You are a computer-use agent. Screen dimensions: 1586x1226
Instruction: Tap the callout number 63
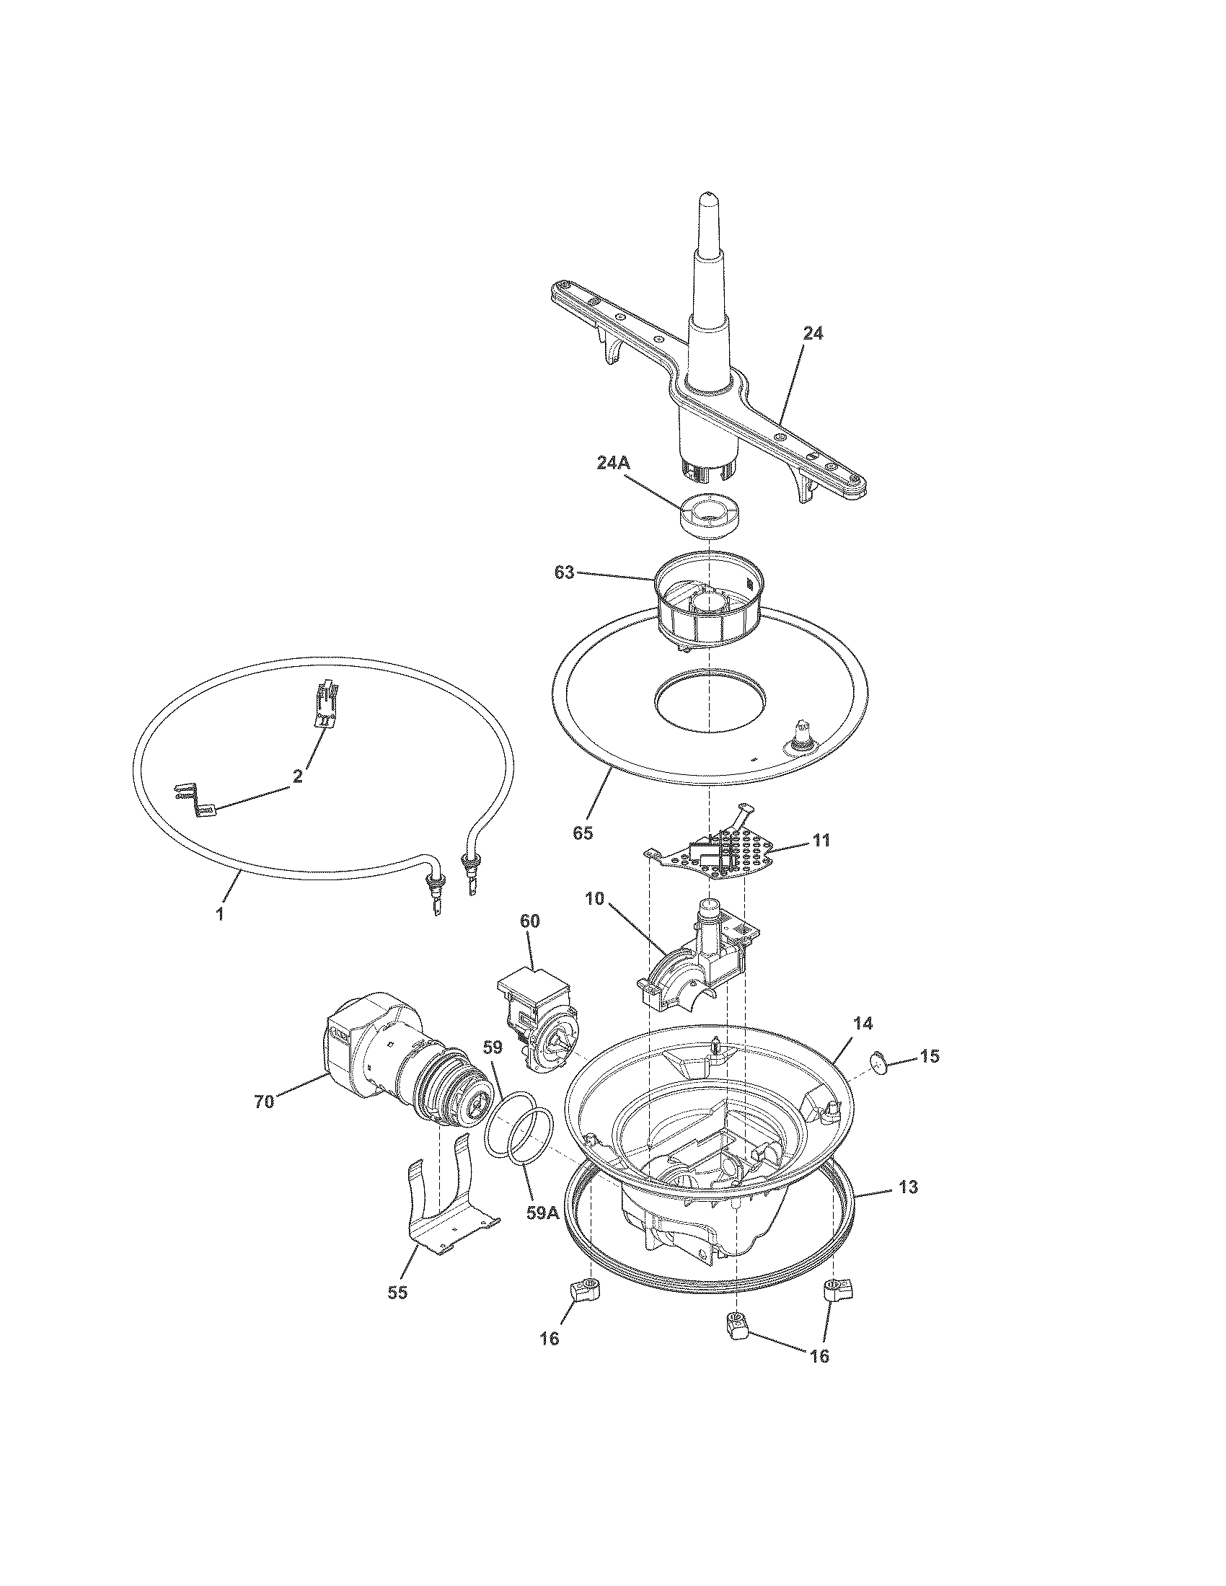pos(564,573)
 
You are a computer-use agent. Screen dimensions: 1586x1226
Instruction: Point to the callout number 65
pos(583,833)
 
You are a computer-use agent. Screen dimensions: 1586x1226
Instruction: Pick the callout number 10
pos(594,898)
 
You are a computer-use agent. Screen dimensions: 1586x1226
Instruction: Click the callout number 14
pos(863,1023)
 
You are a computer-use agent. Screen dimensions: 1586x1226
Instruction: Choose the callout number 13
pos(908,1187)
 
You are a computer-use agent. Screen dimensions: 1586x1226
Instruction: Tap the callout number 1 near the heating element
pos(219,914)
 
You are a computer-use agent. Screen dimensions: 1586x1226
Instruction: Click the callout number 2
pos(297,776)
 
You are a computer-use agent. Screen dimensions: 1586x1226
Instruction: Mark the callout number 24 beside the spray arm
pos(813,334)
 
